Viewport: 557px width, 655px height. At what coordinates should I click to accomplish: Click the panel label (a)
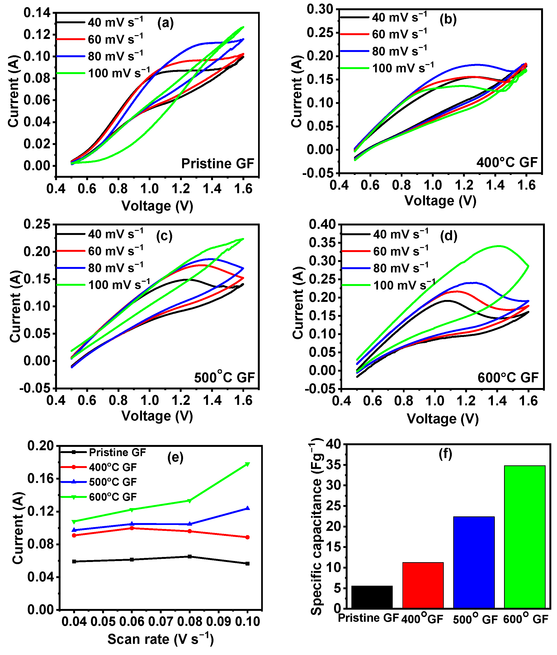tap(165, 23)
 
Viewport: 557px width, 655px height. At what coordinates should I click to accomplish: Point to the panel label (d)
tap(448, 236)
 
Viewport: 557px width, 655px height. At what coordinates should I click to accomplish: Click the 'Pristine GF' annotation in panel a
tap(217, 164)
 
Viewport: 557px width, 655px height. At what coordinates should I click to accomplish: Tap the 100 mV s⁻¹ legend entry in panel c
tap(119, 285)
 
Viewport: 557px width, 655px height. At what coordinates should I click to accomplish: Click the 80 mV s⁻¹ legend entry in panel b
tap(399, 51)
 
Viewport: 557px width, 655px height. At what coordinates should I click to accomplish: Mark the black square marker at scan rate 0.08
tap(190, 557)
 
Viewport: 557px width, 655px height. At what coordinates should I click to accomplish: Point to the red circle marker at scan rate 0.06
tap(132, 528)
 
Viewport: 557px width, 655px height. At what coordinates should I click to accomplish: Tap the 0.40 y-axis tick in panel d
tap(322, 225)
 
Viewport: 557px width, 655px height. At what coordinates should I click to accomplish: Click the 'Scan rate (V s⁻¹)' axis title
tap(160, 639)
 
